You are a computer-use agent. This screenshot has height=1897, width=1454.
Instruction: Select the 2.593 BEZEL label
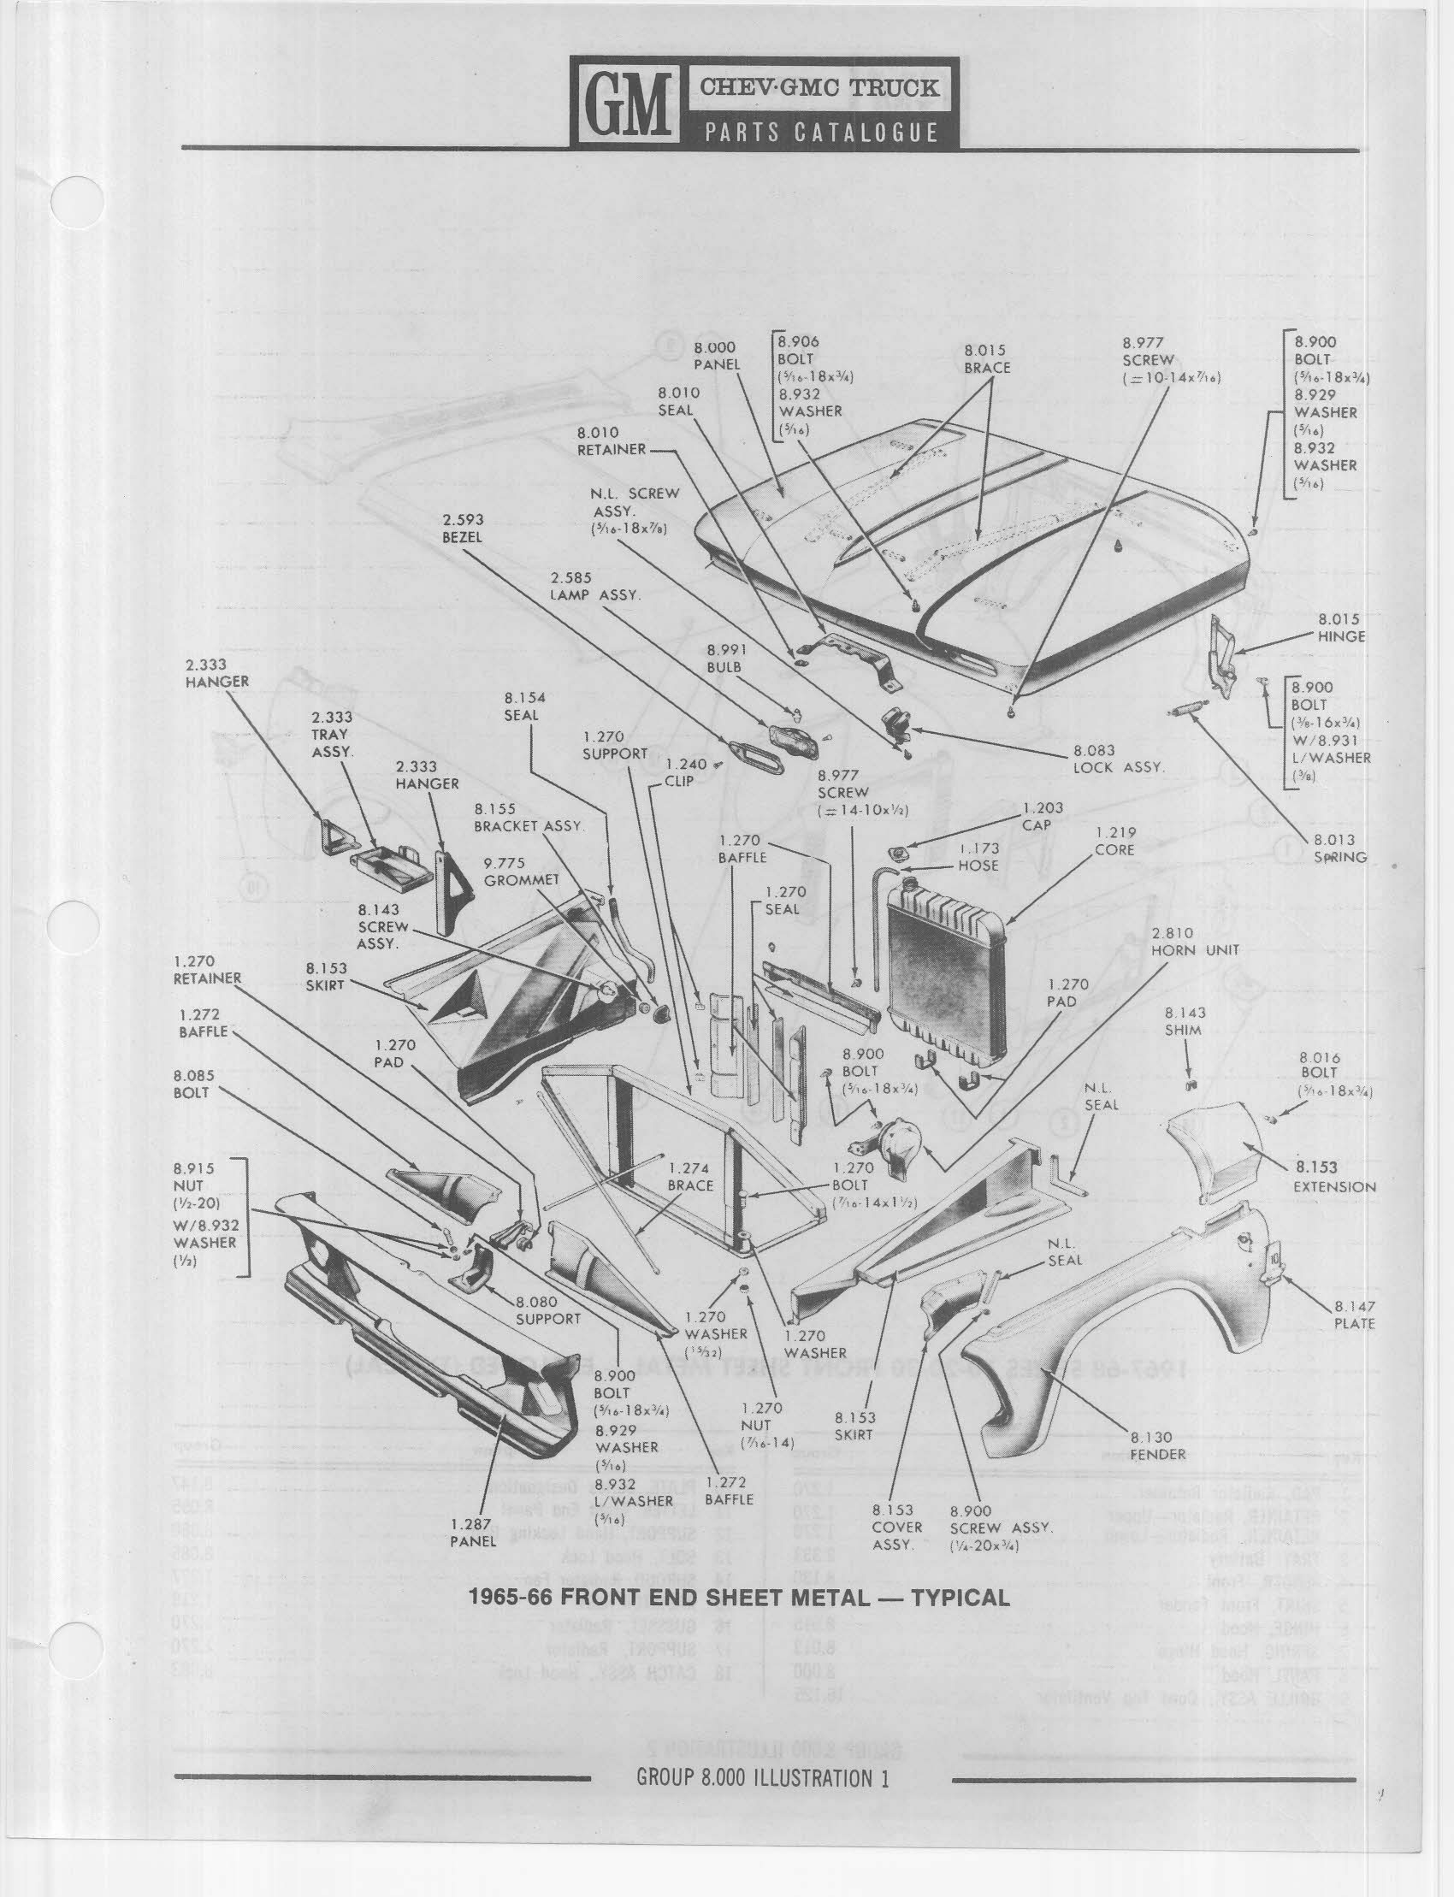coord(462,528)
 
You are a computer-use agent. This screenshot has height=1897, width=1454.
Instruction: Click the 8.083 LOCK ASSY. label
coord(1118,759)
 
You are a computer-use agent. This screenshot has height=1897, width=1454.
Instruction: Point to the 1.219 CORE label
coord(1114,842)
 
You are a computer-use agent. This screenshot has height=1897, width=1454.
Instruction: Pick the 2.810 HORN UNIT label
coord(1194,942)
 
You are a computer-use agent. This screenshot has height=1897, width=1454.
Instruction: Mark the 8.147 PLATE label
coord(1355,1315)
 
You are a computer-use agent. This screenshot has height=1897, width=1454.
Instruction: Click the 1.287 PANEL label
coord(471,1533)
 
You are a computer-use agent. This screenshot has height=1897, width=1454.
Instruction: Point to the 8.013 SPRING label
coord(1339,848)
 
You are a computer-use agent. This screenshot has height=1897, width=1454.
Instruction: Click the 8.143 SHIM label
coord(1183,1021)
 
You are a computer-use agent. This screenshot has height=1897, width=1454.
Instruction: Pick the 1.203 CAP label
coord(1042,816)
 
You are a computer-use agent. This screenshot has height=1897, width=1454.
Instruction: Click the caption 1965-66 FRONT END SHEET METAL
coord(738,1598)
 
